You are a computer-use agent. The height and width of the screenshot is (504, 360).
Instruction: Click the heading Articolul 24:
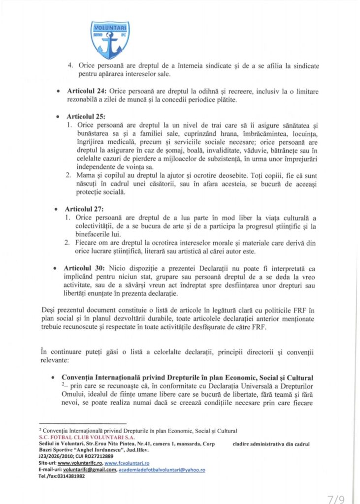[x=86, y=92]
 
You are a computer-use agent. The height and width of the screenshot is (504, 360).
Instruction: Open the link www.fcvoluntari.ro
[x=127, y=464]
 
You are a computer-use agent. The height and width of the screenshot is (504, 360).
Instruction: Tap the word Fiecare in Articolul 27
[x=89, y=243]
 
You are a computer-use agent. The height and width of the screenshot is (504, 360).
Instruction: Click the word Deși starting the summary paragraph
[x=48, y=310]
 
